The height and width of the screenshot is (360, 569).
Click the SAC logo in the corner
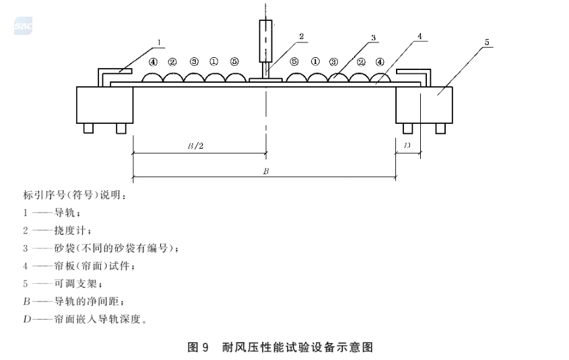point(23,26)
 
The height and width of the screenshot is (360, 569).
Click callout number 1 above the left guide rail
point(159,42)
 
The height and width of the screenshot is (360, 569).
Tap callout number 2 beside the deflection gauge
point(301,36)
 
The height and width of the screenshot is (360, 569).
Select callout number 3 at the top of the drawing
point(374,37)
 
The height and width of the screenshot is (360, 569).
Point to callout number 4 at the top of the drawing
point(420,36)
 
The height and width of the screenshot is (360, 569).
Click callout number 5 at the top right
point(487,42)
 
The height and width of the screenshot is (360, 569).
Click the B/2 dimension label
point(195,146)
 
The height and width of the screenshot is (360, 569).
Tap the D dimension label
point(407,145)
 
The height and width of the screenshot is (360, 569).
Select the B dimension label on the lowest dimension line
point(266,171)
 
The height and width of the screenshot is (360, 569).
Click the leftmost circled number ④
point(154,62)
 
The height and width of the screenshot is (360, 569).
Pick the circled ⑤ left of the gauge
point(235,62)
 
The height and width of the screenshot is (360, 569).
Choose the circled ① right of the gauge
point(315,62)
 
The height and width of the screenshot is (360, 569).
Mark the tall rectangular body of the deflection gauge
point(265,41)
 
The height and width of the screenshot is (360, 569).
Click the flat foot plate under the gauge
point(265,79)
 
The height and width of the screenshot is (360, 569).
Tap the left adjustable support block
point(104,105)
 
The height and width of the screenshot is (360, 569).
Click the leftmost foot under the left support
point(88,129)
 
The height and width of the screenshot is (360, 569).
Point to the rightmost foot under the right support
point(440,129)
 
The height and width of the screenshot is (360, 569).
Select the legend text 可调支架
point(75,283)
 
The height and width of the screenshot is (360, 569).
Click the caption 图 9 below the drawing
point(198,347)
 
